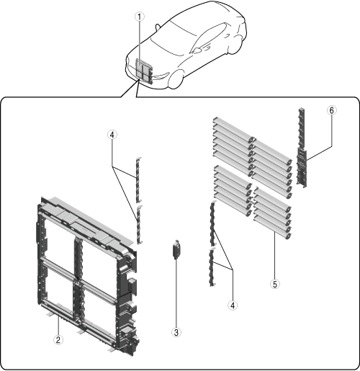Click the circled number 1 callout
click(x=140, y=17)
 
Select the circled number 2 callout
click(x=58, y=340)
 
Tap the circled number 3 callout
click(x=176, y=332)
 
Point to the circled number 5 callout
click(x=275, y=284)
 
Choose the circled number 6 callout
click(x=331, y=110)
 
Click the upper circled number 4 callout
click(x=112, y=135)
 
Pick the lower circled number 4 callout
click(x=233, y=305)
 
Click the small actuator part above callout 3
click(x=176, y=249)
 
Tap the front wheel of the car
click(x=176, y=79)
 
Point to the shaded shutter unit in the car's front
click(x=144, y=71)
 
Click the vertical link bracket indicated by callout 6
click(x=302, y=148)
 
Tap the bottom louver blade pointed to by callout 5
click(x=272, y=228)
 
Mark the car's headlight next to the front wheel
click(x=161, y=75)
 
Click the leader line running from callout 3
click(x=176, y=293)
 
